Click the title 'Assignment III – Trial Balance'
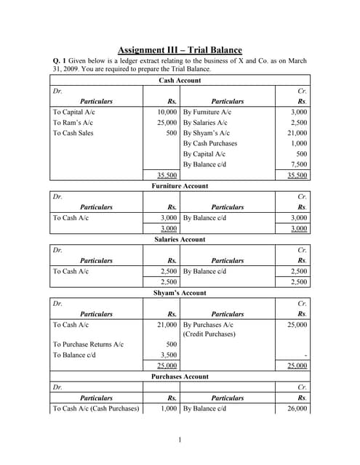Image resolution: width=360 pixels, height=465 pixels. (180, 49)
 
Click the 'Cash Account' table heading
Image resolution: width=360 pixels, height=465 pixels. (180, 81)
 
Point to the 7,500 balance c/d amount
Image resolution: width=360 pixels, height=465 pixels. (298, 164)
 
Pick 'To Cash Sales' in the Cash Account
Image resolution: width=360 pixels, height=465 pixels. (75, 134)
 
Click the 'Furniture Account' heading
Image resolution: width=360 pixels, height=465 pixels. (180, 186)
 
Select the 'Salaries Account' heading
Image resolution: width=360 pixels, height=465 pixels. (180, 239)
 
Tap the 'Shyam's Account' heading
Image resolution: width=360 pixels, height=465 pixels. (180, 293)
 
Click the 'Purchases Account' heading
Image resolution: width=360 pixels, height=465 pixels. (180, 376)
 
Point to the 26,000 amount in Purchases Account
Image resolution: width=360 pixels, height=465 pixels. (296, 408)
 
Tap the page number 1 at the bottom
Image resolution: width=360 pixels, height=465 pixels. (180, 440)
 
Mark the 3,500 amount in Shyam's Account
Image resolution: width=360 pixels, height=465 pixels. (168, 355)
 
